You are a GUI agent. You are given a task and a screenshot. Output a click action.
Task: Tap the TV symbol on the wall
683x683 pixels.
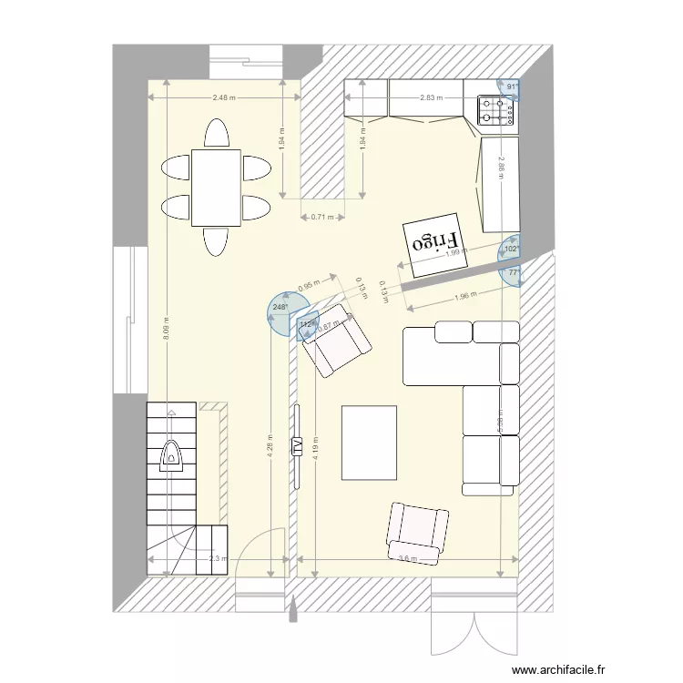pyautogui.click(x=296, y=446)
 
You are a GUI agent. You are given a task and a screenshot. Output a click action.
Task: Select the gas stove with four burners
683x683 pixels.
pyautogui.click(x=496, y=110)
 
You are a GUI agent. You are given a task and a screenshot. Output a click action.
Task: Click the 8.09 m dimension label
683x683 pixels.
pyautogui.click(x=166, y=326)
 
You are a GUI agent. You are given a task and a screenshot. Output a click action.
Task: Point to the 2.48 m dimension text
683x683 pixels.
pyautogui.click(x=223, y=97)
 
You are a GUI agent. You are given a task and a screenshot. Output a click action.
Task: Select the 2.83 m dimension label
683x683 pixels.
pyautogui.click(x=432, y=97)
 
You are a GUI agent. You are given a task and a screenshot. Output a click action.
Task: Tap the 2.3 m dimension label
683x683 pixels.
pyautogui.click(x=217, y=559)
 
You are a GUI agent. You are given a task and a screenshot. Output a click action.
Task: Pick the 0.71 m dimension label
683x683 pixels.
pyautogui.click(x=322, y=217)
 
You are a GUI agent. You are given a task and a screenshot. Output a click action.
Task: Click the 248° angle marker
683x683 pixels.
pyautogui.click(x=280, y=308)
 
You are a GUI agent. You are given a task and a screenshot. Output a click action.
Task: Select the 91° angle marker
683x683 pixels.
pyautogui.click(x=512, y=87)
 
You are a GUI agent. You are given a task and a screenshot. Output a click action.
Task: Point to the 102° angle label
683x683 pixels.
pyautogui.click(x=511, y=249)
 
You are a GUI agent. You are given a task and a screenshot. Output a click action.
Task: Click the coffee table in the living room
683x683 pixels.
pyautogui.click(x=369, y=443)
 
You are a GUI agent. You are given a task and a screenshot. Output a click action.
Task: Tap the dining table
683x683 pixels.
pyautogui.click(x=216, y=188)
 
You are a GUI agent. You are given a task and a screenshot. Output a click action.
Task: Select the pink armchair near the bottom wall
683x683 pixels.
pyautogui.click(x=417, y=532)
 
